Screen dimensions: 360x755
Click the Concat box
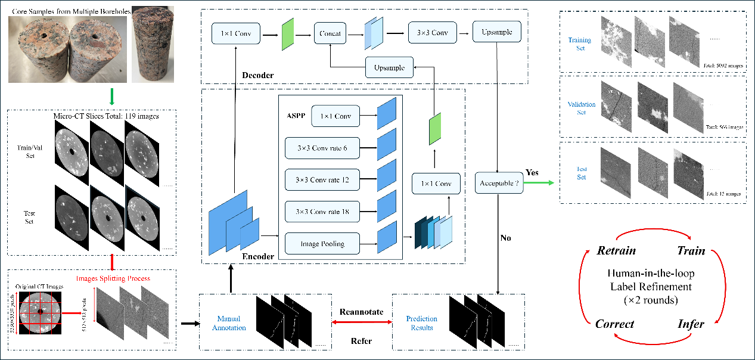coord(330,33)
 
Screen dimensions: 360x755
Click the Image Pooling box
coord(322,243)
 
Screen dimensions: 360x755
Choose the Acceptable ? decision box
coord(499,183)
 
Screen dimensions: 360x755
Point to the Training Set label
coord(580,44)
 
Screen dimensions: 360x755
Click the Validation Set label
coord(582,108)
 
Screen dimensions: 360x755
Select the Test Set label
coord(581,173)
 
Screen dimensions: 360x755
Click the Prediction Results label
coord(422,324)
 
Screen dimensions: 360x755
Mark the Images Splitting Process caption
coord(113,278)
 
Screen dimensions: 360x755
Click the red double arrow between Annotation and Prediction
coord(361,322)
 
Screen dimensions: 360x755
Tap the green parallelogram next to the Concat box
coord(288,34)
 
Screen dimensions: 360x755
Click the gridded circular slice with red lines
coord(39,312)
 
